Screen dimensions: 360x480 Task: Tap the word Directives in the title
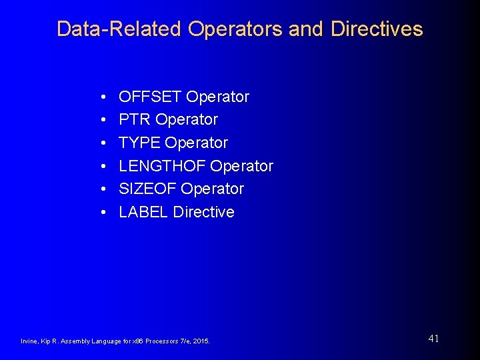[x=377, y=29]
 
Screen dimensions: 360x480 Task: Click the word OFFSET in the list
[x=150, y=97]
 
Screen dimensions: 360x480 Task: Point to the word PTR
[x=135, y=119]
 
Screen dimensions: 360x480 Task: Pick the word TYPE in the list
[x=139, y=143]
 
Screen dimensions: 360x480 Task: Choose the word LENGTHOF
[x=162, y=165]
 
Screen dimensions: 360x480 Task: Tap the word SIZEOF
[x=147, y=189]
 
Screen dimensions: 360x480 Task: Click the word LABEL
[x=143, y=212]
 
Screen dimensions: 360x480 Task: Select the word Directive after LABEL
[x=204, y=212]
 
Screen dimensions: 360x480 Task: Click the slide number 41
[x=433, y=339]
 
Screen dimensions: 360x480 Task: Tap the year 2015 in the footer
[x=201, y=341]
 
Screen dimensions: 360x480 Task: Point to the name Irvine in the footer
[x=29, y=341]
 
